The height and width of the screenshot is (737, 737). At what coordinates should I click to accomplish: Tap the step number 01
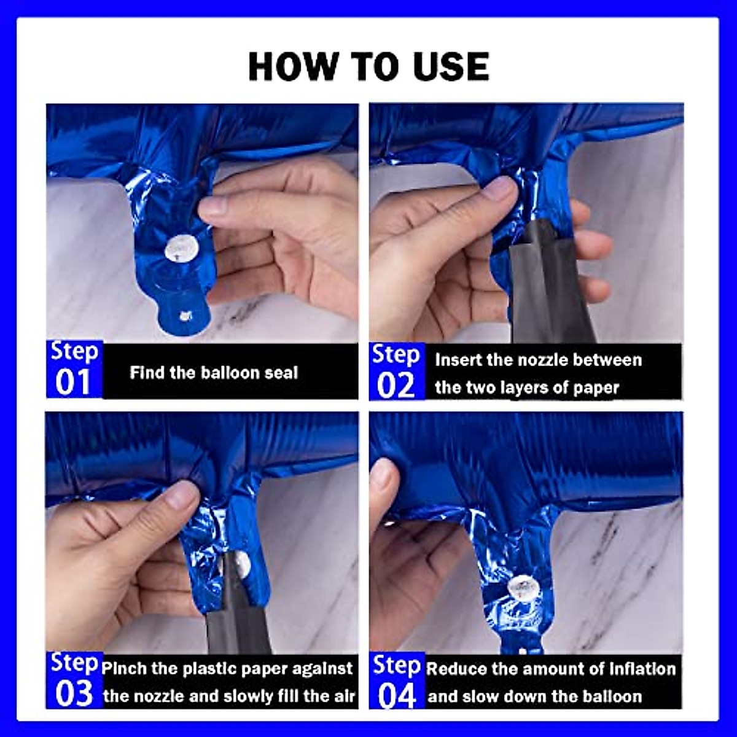73,382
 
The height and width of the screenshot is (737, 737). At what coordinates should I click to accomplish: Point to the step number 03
74,693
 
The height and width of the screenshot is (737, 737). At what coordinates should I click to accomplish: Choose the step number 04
397,696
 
